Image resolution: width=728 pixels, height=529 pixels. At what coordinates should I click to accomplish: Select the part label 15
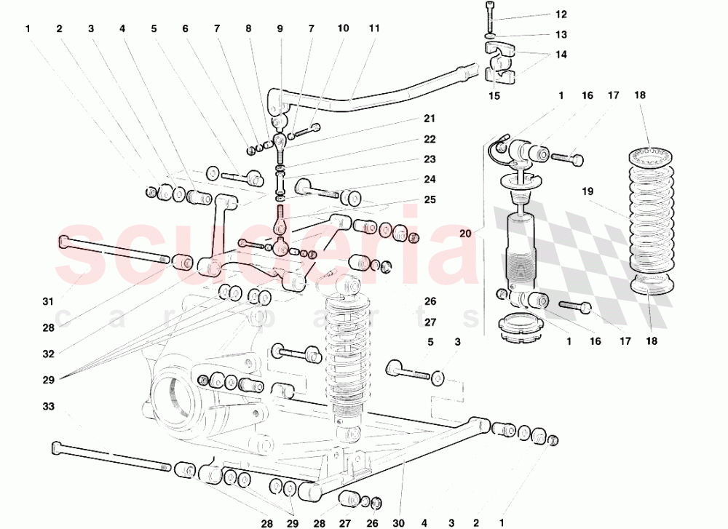coord(494,95)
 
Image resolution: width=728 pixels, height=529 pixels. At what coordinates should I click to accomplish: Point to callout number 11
coord(373,29)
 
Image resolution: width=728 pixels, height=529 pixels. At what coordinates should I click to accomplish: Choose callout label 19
coord(588,191)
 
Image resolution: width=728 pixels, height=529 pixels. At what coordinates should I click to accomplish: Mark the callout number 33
coord(28,406)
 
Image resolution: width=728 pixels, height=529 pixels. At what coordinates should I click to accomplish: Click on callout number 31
coord(28,302)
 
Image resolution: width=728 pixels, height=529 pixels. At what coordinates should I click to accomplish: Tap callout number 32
coord(28,354)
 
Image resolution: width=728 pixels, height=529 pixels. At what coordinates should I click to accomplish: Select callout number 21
coord(430,119)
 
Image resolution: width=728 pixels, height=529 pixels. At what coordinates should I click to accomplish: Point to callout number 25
coord(430,199)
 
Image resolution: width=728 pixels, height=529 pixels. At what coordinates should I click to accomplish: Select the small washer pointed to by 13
coord(488,35)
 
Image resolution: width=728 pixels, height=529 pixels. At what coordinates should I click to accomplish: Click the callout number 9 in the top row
coord(280,29)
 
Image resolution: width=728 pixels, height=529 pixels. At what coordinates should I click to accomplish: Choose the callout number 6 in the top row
coord(185,29)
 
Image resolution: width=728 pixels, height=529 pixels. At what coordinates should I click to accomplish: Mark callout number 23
coord(430,159)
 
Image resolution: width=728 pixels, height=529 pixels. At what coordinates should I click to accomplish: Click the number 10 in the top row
coord(342,29)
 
